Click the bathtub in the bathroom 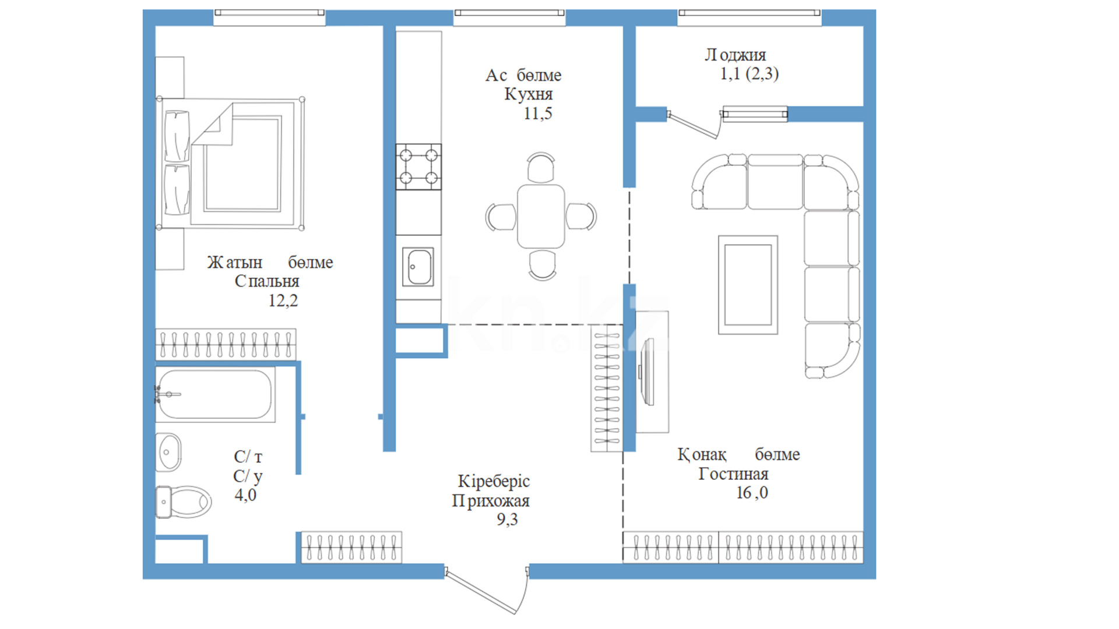[x=215, y=394]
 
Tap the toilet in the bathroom [x=183, y=501]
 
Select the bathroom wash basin [x=169, y=452]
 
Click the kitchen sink [x=418, y=267]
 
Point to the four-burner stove [x=418, y=167]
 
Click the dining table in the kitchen [x=541, y=216]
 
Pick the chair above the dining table [x=541, y=168]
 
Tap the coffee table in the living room [x=748, y=285]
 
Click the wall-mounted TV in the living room [x=646, y=371]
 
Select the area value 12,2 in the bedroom [x=283, y=301]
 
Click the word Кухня [x=529, y=94]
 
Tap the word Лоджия [x=736, y=55]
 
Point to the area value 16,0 [x=752, y=493]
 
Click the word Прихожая [x=491, y=500]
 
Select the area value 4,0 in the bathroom [x=245, y=495]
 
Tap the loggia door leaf [x=694, y=125]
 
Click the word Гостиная [x=733, y=474]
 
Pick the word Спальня [x=267, y=281]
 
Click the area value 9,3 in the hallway [x=507, y=520]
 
